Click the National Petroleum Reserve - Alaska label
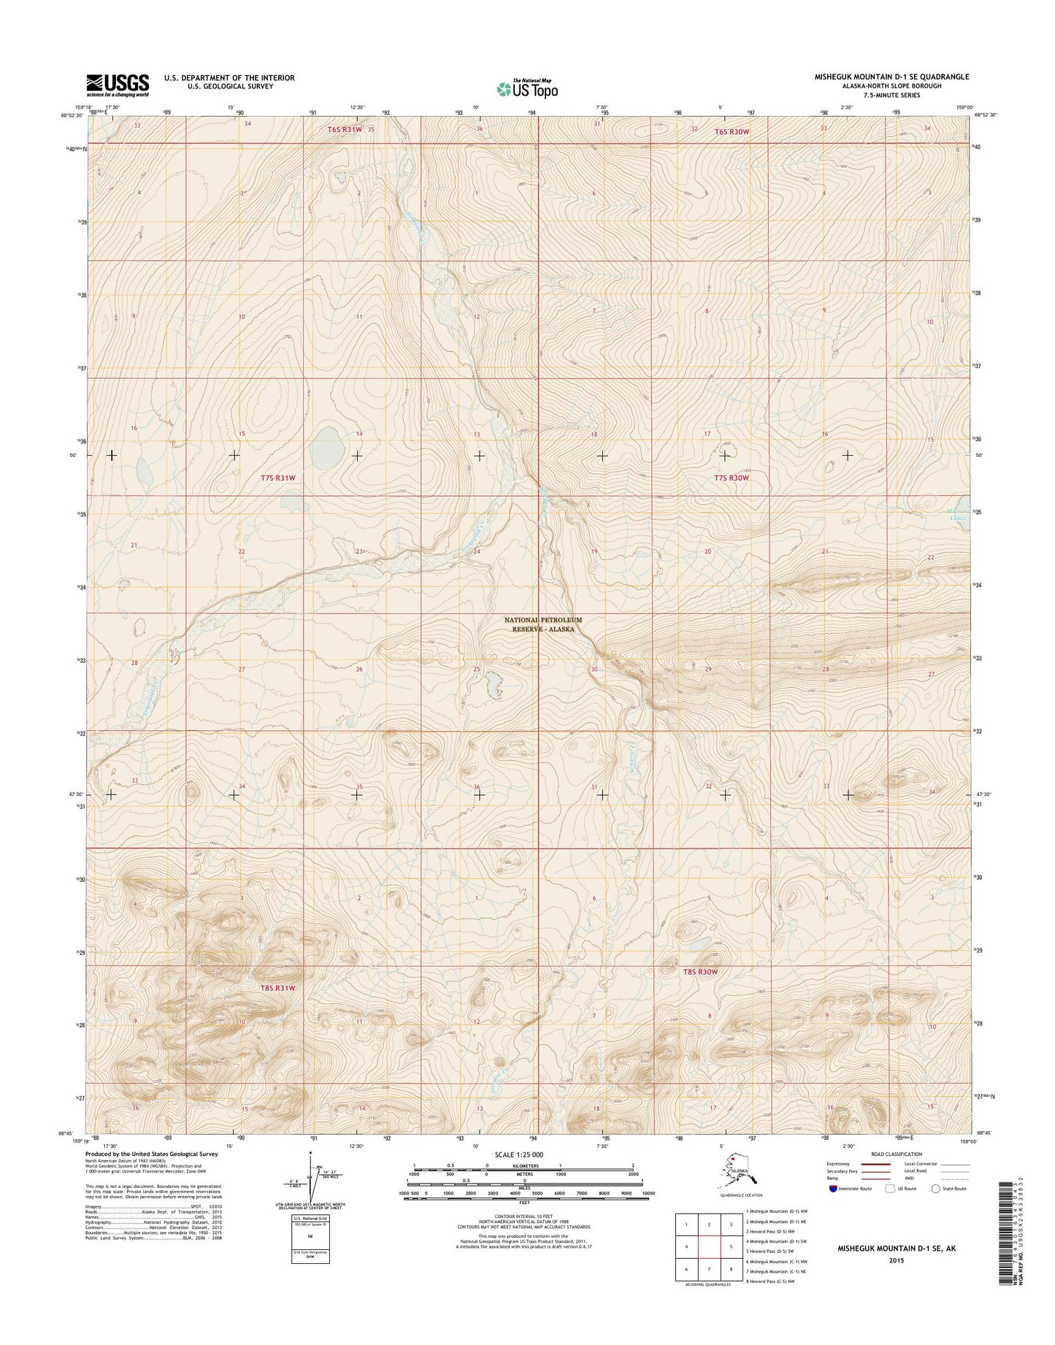pos(543,624)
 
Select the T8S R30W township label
pos(700,972)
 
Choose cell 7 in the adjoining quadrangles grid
pos(708,1269)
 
